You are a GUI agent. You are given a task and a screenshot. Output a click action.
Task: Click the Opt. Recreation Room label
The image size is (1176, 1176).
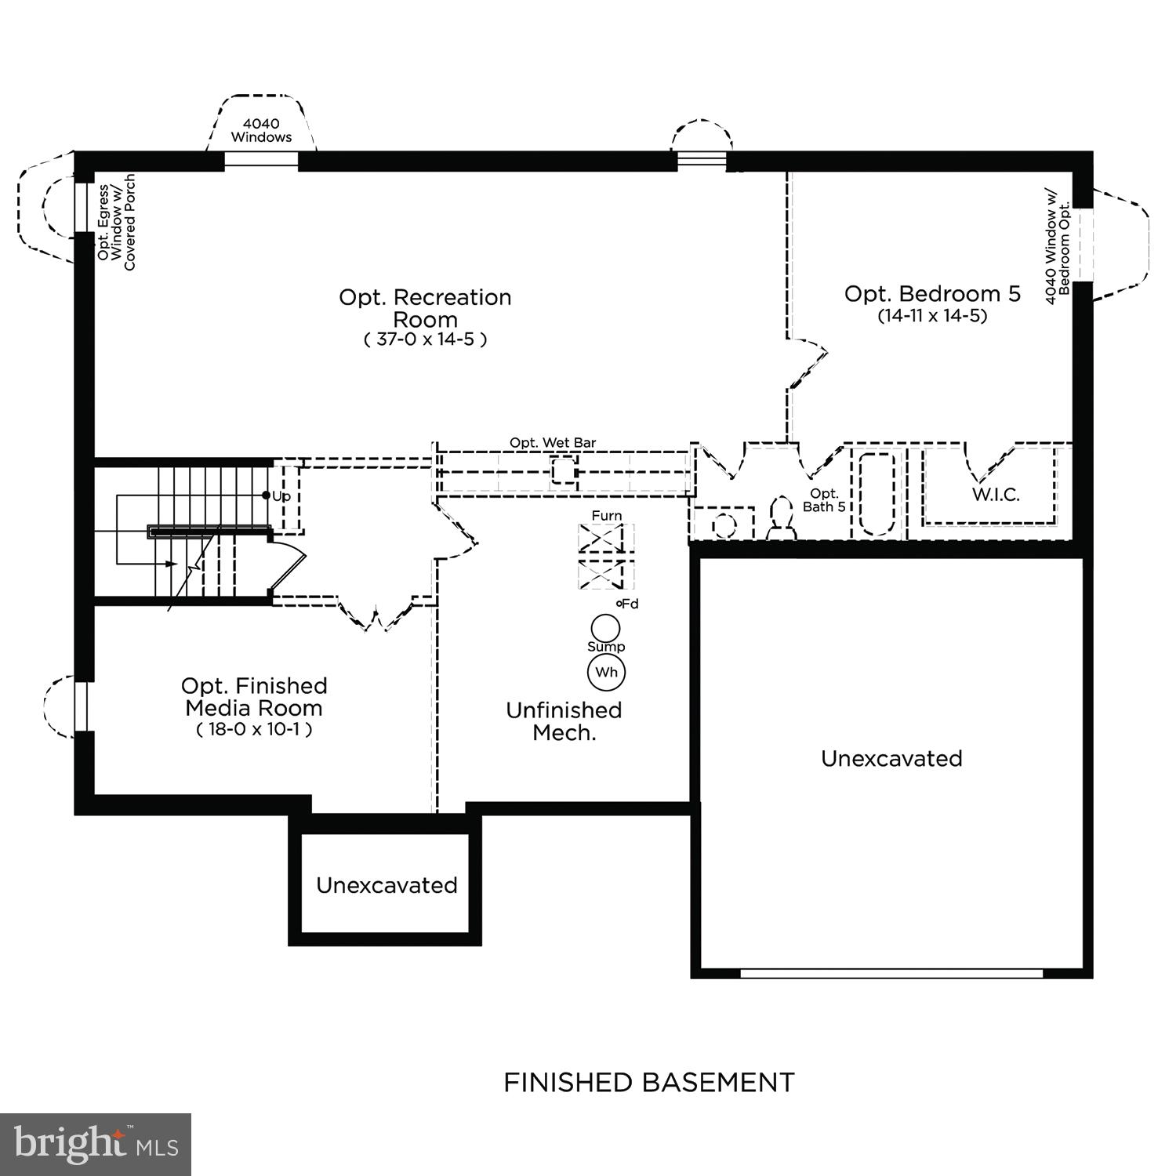pyautogui.click(x=425, y=308)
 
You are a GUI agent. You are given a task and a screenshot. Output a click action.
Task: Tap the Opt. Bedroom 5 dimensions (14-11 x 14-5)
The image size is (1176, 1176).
pyautogui.click(x=931, y=316)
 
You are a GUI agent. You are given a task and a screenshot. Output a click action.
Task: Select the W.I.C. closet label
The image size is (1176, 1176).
pyautogui.click(x=996, y=495)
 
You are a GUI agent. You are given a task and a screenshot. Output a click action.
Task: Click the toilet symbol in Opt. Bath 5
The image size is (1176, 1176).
pyautogui.click(x=781, y=520)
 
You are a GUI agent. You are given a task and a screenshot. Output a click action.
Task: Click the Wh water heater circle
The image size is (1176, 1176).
pyautogui.click(x=606, y=673)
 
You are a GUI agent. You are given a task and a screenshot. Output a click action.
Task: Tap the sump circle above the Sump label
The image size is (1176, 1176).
pyautogui.click(x=605, y=628)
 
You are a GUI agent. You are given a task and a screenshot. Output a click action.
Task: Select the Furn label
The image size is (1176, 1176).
pyautogui.click(x=607, y=515)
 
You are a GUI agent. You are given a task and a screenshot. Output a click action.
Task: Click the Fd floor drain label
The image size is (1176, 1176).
pyautogui.click(x=628, y=604)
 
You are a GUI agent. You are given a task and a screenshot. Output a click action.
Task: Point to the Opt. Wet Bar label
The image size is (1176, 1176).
pyautogui.click(x=553, y=443)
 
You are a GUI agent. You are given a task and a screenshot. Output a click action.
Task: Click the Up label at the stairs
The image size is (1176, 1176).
pyautogui.click(x=281, y=496)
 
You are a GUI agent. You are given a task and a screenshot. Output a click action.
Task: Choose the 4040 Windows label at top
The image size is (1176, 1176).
pyautogui.click(x=261, y=130)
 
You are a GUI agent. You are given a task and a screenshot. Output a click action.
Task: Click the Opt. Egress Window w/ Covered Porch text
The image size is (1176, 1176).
pyautogui.click(x=116, y=223)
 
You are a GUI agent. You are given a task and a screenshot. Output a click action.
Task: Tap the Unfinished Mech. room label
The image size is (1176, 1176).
pyautogui.click(x=564, y=721)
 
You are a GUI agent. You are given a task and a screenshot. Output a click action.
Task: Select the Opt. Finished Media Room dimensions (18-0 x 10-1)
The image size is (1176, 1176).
pyautogui.click(x=254, y=729)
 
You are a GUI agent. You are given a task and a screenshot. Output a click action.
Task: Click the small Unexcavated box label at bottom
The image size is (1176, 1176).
pyautogui.click(x=387, y=885)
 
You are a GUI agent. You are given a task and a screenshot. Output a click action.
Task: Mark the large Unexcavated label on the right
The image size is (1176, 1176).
pyautogui.click(x=891, y=758)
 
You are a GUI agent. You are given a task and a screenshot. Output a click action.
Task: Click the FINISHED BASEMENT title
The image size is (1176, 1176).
pyautogui.click(x=648, y=1083)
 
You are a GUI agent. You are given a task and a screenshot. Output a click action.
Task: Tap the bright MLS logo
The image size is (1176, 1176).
pyautogui.click(x=96, y=1145)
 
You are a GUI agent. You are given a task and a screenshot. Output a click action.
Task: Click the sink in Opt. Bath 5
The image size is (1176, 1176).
pyautogui.click(x=724, y=524)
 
